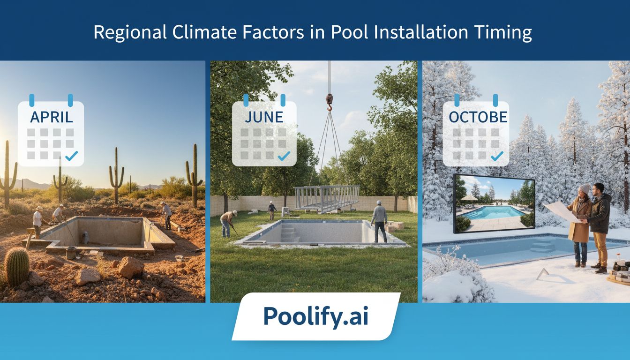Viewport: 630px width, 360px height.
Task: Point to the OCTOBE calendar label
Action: [x=478, y=117]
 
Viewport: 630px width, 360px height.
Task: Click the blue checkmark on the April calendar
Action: [x=72, y=156]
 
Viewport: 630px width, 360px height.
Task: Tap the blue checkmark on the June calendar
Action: [x=284, y=156]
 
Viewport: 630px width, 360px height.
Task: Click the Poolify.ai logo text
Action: [x=315, y=316]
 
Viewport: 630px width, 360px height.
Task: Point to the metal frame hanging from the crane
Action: [x=327, y=197]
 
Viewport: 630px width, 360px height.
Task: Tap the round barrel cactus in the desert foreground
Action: [x=17, y=266]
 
